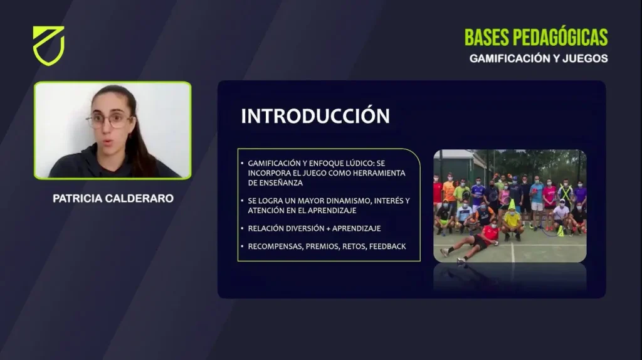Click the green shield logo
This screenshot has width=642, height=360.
[x=48, y=45]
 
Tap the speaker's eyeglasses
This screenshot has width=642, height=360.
[x=109, y=120]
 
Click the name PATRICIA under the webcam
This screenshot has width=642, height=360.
[x=77, y=199]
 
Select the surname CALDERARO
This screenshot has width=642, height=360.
[x=140, y=199]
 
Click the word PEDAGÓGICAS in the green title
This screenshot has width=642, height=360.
[x=560, y=38]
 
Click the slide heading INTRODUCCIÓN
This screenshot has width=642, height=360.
[x=315, y=116]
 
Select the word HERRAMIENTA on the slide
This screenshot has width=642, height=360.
[x=379, y=173]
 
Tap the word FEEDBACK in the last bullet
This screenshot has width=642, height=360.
[x=387, y=246]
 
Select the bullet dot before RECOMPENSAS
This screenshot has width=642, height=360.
[x=242, y=246]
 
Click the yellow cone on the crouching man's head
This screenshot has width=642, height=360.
[x=512, y=204]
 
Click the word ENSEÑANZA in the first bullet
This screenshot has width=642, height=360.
[x=275, y=183]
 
